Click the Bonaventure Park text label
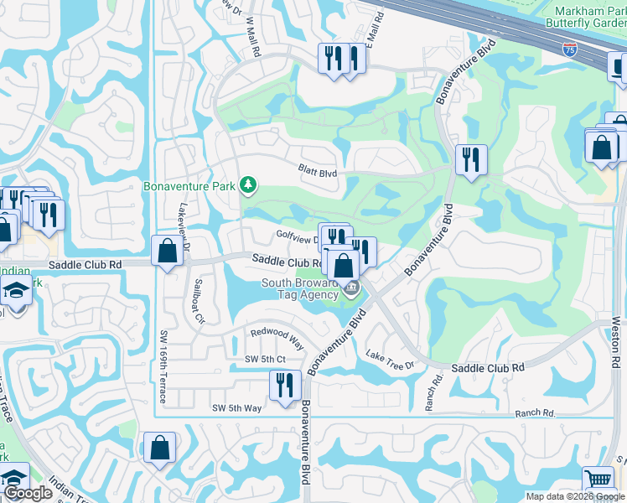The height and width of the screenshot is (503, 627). (190, 185)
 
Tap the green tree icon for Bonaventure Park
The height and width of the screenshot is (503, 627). (247, 184)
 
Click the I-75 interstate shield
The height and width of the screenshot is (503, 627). (570, 50)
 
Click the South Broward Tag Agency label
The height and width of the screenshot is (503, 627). (300, 288)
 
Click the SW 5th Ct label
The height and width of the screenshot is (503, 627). (266, 360)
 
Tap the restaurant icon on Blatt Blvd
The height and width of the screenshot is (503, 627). (471, 158)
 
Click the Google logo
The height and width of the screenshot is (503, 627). (28, 494)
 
